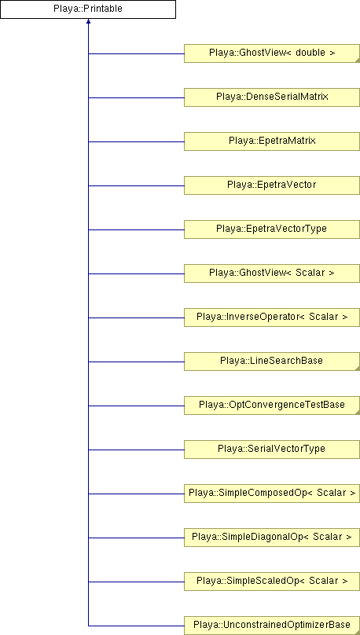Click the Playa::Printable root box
pyautogui.click(x=88, y=9)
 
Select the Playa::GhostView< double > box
pyautogui.click(x=272, y=53)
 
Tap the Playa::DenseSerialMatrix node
pyautogui.click(x=272, y=97)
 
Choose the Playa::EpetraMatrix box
pyautogui.click(x=272, y=141)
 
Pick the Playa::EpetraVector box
pyautogui.click(x=272, y=185)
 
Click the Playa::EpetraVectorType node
pyautogui.click(x=272, y=229)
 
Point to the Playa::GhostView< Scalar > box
pyautogui.click(x=272, y=273)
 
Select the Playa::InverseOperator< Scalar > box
pyautogui.click(x=272, y=317)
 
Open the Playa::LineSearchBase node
pyautogui.click(x=272, y=362)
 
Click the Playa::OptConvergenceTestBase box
pyautogui.click(x=272, y=406)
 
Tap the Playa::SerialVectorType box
pyautogui.click(x=272, y=450)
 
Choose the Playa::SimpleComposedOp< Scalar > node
pyautogui.click(x=272, y=494)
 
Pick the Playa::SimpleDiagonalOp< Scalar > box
pyautogui.click(x=272, y=538)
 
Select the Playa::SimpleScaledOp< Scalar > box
pyautogui.click(x=272, y=582)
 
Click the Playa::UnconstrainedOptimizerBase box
pyautogui.click(x=272, y=626)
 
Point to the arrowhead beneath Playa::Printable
pyautogui.click(x=88, y=21)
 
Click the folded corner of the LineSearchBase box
pyautogui.click(x=357, y=369)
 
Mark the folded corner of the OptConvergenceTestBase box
pyautogui.click(x=357, y=413)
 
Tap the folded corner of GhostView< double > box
pyautogui.click(x=357, y=60)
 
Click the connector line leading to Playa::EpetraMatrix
pyautogui.click(x=136, y=141)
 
